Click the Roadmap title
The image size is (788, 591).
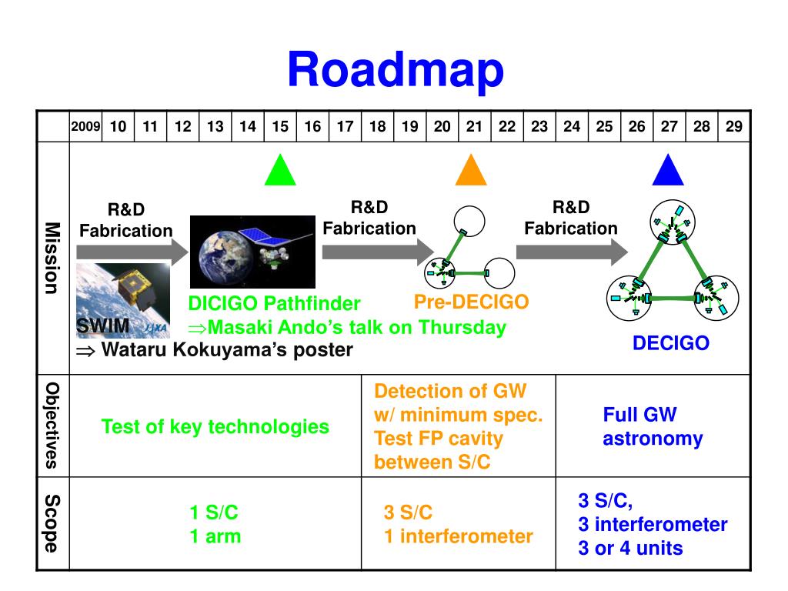pyautogui.click(x=396, y=69)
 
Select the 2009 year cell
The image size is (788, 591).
pyautogui.click(x=85, y=127)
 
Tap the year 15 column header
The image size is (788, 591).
pyautogui.click(x=280, y=127)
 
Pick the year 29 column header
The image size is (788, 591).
pyautogui.click(x=733, y=127)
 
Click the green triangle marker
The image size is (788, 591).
pyautogui.click(x=280, y=171)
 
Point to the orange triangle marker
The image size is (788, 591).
pyautogui.click(x=471, y=171)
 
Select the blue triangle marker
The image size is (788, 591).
pyautogui.click(x=668, y=171)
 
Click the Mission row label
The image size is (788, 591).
pyautogui.click(x=52, y=258)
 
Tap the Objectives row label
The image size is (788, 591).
pyautogui.click(x=52, y=425)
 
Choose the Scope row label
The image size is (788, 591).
pyautogui.click(x=52, y=523)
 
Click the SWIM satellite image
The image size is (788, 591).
pyautogui.click(x=123, y=296)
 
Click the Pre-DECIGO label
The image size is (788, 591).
pyautogui.click(x=471, y=302)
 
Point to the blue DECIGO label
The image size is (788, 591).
pyautogui.click(x=670, y=343)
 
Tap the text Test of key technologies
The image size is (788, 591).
pyautogui.click(x=215, y=426)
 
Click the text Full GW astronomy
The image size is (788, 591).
pyautogui.click(x=653, y=427)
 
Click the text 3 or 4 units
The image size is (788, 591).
pyautogui.click(x=630, y=549)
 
